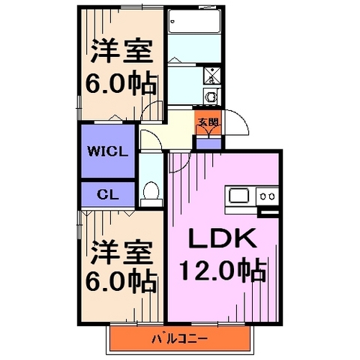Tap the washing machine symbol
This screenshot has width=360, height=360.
tap(211, 95)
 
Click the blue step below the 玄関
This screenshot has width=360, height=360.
tap(209, 142)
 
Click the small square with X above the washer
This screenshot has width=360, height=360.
tap(211, 75)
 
